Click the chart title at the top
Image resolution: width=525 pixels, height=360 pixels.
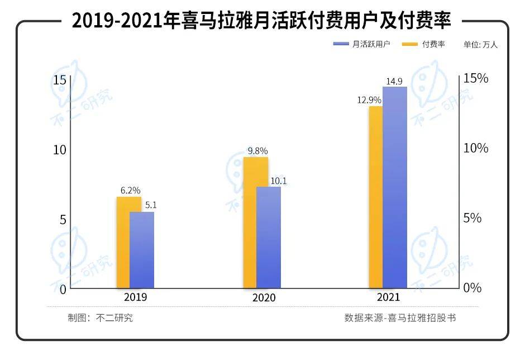pos(261,21)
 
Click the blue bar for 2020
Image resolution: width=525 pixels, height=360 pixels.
pos(269,238)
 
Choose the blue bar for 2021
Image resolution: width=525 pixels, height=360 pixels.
pos(395,187)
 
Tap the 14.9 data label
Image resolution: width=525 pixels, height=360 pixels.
pos(394,81)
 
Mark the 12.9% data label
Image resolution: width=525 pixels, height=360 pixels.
pos(369,100)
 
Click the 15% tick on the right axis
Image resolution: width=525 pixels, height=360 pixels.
pos(476,78)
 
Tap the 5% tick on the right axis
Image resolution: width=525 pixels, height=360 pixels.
pos(472,218)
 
